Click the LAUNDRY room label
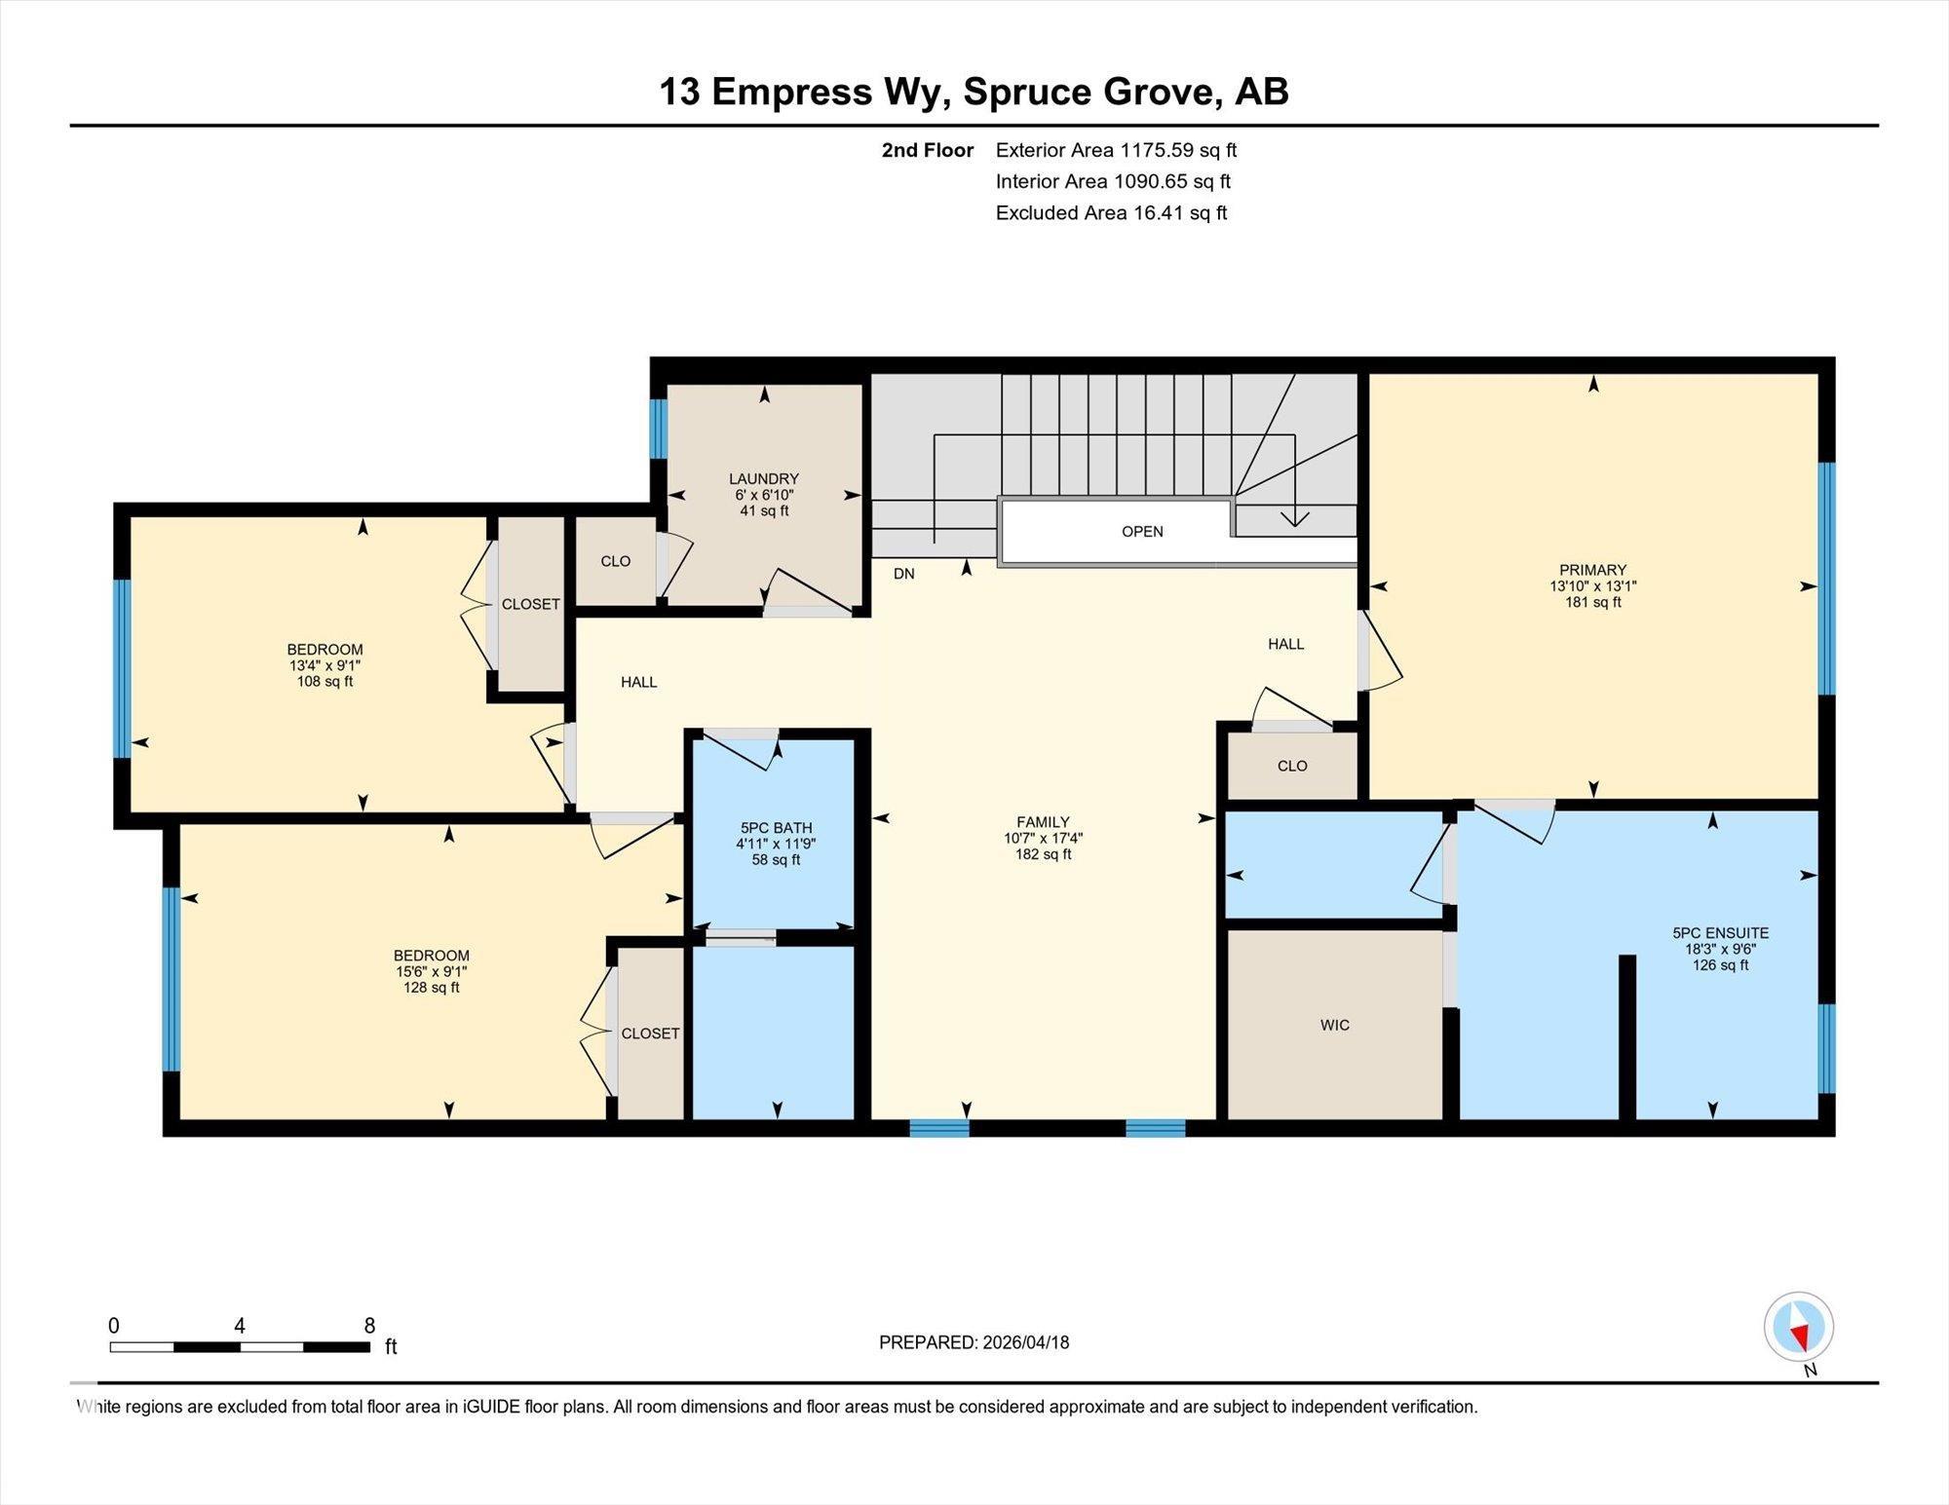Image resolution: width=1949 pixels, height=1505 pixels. [x=764, y=478]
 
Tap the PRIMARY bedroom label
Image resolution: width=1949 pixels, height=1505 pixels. [x=1592, y=570]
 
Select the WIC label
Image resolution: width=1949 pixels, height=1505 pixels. [x=1335, y=1025]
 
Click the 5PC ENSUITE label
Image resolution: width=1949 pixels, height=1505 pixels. [x=1720, y=932]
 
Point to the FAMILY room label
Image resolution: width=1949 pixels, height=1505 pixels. [x=1043, y=821]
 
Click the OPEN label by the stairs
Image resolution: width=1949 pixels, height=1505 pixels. [x=1142, y=531]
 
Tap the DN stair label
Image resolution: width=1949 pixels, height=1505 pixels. [x=903, y=574]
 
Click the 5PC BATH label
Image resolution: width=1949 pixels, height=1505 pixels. [x=776, y=828]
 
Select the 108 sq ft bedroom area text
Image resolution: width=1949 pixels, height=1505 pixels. [x=325, y=682]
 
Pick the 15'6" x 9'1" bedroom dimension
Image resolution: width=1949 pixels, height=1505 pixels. [x=431, y=971]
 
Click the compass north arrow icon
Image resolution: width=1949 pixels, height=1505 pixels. [x=1799, y=1328]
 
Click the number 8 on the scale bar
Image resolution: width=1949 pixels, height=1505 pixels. [x=369, y=1325]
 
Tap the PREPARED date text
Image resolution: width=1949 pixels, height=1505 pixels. [x=974, y=1342]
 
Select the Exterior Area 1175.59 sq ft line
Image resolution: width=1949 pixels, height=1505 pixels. [x=1116, y=150]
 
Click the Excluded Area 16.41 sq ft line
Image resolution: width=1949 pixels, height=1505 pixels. [x=1111, y=212]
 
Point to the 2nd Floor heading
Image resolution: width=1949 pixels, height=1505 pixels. [x=927, y=150]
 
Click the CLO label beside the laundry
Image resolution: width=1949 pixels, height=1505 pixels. [x=615, y=561]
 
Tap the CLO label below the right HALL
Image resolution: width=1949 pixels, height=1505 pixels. [x=1292, y=766]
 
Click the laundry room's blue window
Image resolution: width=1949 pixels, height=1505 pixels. [x=659, y=429]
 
